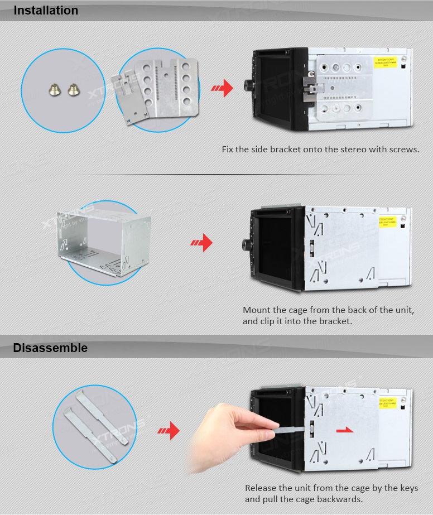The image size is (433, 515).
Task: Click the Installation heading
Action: [x=46, y=11]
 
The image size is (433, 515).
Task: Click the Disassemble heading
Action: [x=50, y=348]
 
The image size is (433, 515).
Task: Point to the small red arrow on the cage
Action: [x=346, y=430]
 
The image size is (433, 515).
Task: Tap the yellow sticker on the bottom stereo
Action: [x=387, y=403]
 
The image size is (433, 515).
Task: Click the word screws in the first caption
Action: [x=399, y=150]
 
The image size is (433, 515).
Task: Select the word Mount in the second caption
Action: [x=257, y=310]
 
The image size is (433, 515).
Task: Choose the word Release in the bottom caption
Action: [x=262, y=488]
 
